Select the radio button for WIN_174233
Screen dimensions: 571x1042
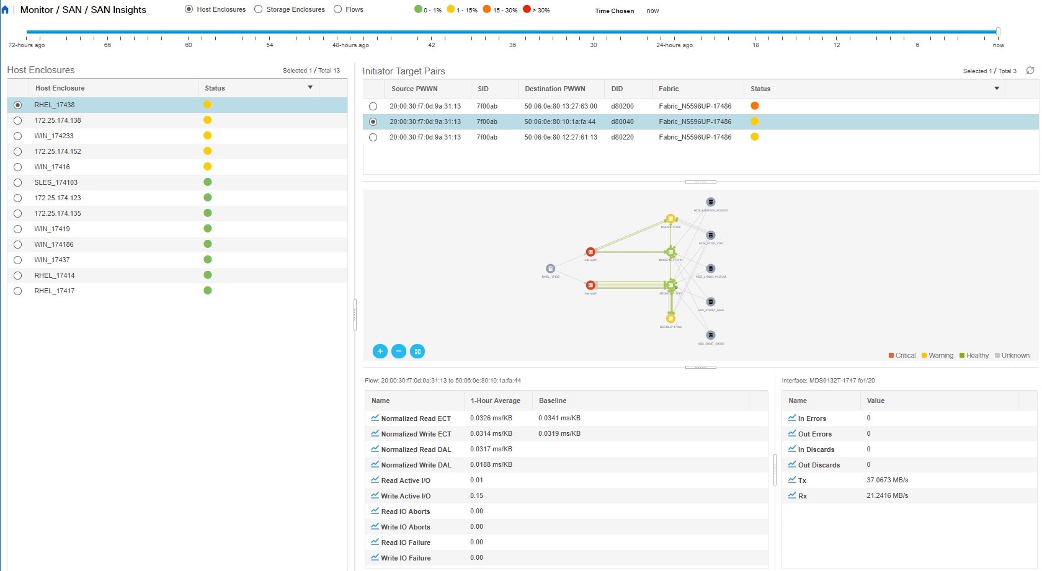tap(17, 136)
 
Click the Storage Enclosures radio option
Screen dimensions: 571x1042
tap(259, 9)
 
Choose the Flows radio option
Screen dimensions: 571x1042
tap(338, 9)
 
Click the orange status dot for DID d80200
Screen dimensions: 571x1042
tap(755, 106)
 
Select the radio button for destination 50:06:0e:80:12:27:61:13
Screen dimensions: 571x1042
tap(373, 138)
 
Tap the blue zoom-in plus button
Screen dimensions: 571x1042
tap(380, 352)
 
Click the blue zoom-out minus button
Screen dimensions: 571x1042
tap(399, 352)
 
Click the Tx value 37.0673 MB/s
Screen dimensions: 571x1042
tap(887, 480)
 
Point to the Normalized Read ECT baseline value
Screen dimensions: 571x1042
tap(559, 418)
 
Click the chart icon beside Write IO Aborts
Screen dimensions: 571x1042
tap(375, 526)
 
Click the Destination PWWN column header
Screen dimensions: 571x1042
tap(554, 89)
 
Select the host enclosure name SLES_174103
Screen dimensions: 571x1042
tap(56, 182)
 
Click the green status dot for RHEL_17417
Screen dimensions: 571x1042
tap(208, 290)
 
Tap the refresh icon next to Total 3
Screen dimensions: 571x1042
tap(1030, 71)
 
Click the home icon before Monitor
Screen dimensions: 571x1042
tap(6, 10)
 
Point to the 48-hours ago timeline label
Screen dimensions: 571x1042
tap(350, 45)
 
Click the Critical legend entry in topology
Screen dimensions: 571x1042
tap(902, 355)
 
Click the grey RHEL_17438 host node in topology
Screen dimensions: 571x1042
tap(550, 268)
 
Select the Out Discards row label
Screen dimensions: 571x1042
tap(819, 465)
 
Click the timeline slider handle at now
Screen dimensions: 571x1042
tap(998, 32)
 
